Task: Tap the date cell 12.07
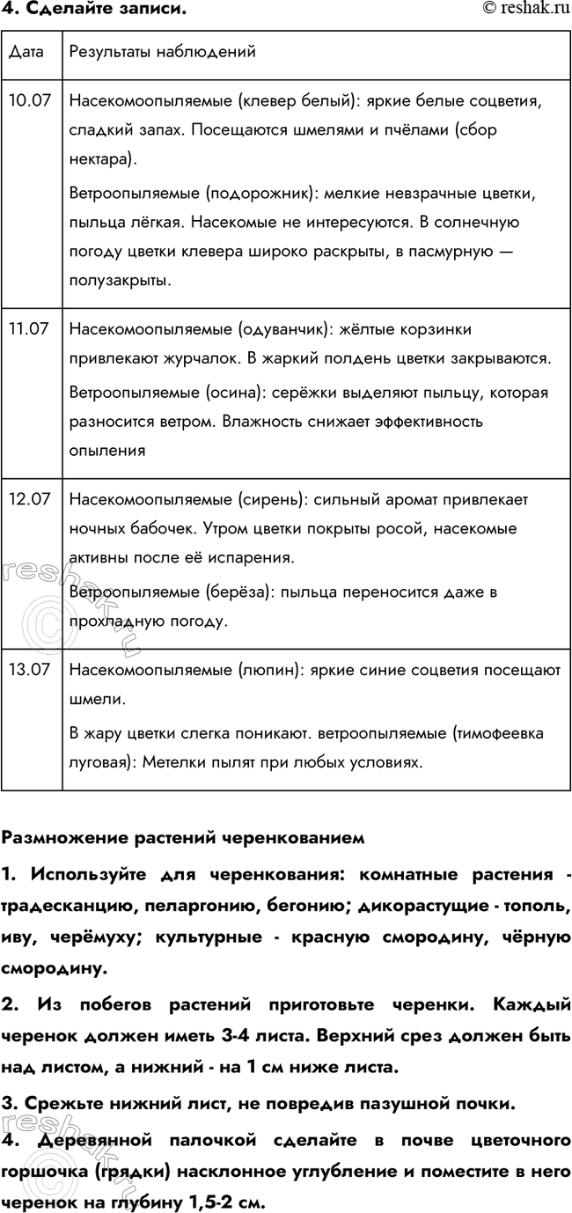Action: tap(28, 499)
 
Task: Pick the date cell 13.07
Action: tap(28, 670)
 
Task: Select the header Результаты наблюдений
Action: tap(162, 52)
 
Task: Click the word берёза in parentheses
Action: tap(235, 592)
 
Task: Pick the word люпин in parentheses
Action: tap(268, 670)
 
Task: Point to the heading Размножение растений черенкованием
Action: tap(182, 838)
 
